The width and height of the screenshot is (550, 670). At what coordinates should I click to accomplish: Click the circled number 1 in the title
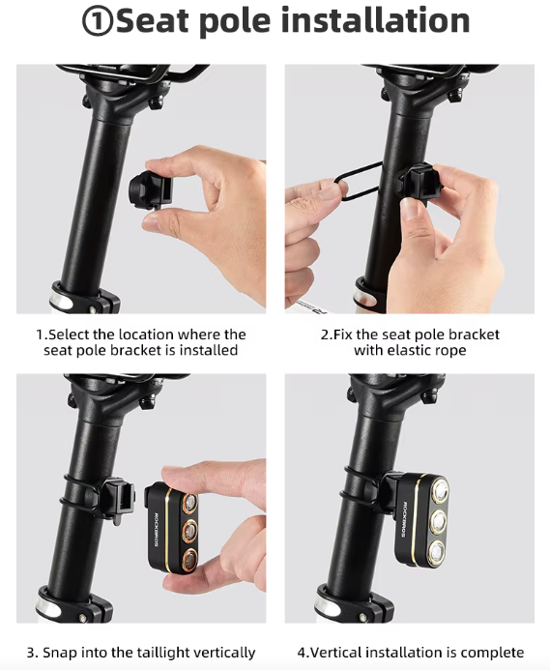[x=97, y=21]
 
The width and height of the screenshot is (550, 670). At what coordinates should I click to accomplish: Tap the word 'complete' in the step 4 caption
[x=492, y=653]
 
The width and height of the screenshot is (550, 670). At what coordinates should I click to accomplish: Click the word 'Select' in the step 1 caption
[x=69, y=334]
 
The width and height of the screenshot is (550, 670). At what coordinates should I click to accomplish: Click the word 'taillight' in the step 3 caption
[x=167, y=653]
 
